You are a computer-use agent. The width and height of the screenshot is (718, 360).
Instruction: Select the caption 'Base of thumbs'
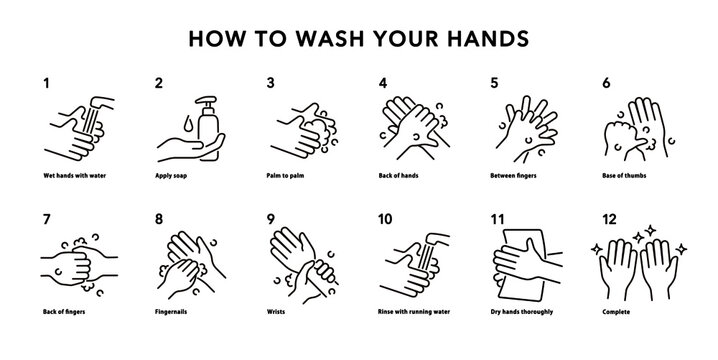(628, 175)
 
